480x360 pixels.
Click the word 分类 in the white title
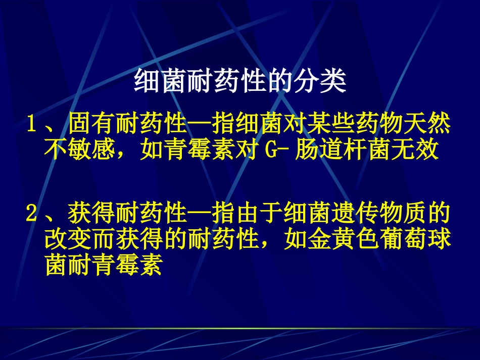click(x=321, y=81)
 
